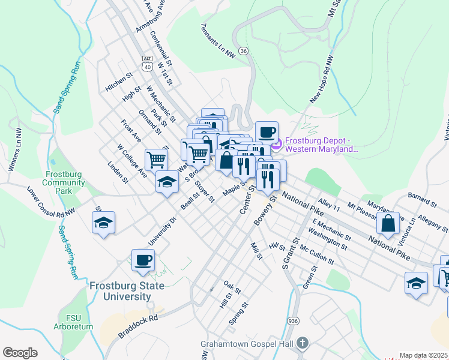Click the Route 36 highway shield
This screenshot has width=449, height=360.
(x=243, y=52)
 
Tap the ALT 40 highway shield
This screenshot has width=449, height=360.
(x=147, y=62)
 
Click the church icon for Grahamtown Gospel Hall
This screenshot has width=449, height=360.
(x=303, y=344)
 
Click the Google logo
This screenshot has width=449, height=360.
(x=20, y=353)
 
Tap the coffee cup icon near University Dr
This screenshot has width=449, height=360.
(x=143, y=260)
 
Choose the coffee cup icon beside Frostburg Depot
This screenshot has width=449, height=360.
(x=266, y=131)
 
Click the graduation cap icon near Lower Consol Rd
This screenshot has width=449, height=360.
(x=103, y=223)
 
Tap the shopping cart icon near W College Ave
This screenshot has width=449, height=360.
(x=156, y=159)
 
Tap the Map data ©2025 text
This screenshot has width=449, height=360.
(x=423, y=355)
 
